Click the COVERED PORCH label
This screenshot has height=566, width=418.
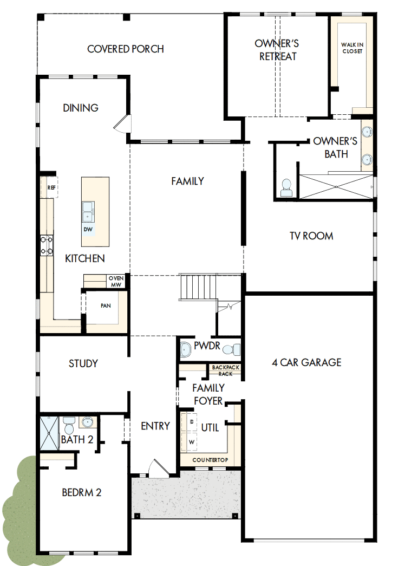125,49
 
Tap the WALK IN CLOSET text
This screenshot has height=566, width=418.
351,48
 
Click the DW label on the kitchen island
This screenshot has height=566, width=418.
88,229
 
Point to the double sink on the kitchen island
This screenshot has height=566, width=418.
88,211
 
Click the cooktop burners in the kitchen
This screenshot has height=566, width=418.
46,245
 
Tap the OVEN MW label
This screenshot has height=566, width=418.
116,281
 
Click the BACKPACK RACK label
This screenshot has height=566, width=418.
226,370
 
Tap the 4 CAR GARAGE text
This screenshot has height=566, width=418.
306,362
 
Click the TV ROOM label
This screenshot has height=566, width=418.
311,236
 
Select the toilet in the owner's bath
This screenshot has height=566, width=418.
286,187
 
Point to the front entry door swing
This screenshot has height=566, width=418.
159,469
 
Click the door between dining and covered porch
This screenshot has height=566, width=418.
123,123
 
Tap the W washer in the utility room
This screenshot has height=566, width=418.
191,441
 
